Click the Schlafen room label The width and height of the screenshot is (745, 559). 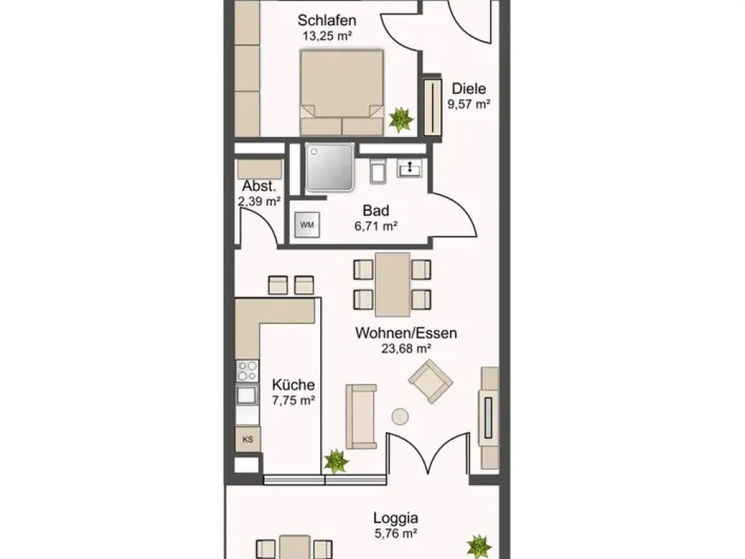click(x=327, y=20)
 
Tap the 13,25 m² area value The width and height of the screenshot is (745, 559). click(x=327, y=36)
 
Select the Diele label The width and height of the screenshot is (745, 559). click(x=469, y=89)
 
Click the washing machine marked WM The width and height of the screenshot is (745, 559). click(x=307, y=225)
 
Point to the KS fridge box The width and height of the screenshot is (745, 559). click(x=247, y=439)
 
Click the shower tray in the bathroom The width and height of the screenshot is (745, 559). click(x=330, y=167)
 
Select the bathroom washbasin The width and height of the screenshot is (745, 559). click(x=409, y=168)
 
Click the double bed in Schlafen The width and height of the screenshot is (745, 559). click(x=342, y=92)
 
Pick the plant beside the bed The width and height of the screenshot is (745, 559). click(x=401, y=119)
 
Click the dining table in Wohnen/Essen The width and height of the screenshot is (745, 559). click(x=393, y=284)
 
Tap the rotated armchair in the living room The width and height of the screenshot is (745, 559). click(x=431, y=381)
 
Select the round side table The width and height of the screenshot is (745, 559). click(x=400, y=417)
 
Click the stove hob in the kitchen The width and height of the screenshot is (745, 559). click(x=247, y=371)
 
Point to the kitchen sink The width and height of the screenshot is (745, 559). click(x=247, y=395)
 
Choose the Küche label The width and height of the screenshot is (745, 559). click(x=293, y=385)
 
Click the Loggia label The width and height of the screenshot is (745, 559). click(x=396, y=518)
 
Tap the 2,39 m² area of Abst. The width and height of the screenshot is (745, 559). click(x=259, y=201)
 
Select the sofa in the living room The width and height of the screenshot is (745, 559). click(x=361, y=417)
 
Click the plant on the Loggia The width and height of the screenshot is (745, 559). click(x=478, y=546)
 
